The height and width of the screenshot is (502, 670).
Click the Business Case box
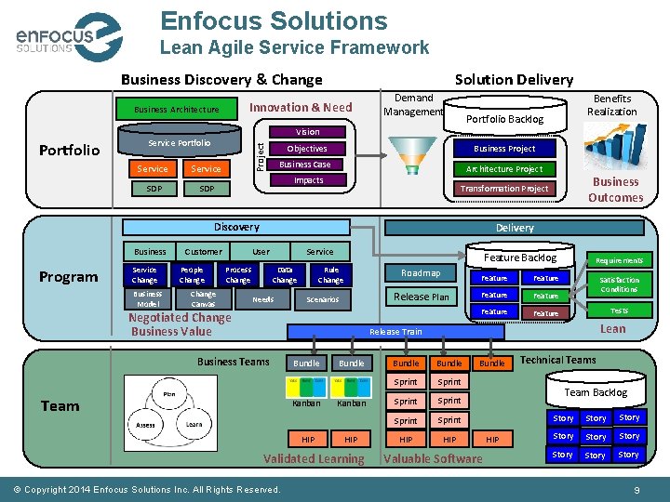tap(306, 165)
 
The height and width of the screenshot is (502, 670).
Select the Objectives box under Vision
tap(306, 149)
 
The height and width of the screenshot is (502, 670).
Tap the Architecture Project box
tap(503, 169)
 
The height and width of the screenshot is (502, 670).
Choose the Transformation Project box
tap(503, 189)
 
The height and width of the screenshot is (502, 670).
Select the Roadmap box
tap(421, 273)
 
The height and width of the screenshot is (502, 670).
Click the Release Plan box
tap(421, 297)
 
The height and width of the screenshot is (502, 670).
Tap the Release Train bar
tap(395, 331)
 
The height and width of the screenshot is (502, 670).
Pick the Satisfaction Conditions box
tap(619, 284)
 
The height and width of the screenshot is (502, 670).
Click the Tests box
tap(619, 310)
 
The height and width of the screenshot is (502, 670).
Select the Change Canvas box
tap(203, 299)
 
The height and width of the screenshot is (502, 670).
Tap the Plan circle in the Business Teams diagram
tap(168, 394)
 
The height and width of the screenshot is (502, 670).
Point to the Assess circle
tap(146, 424)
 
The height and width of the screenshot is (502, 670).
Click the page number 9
tap(636, 490)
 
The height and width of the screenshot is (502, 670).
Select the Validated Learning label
tap(314, 458)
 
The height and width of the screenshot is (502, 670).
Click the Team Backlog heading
tap(596, 392)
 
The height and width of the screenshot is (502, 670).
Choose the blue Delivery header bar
tap(515, 228)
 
